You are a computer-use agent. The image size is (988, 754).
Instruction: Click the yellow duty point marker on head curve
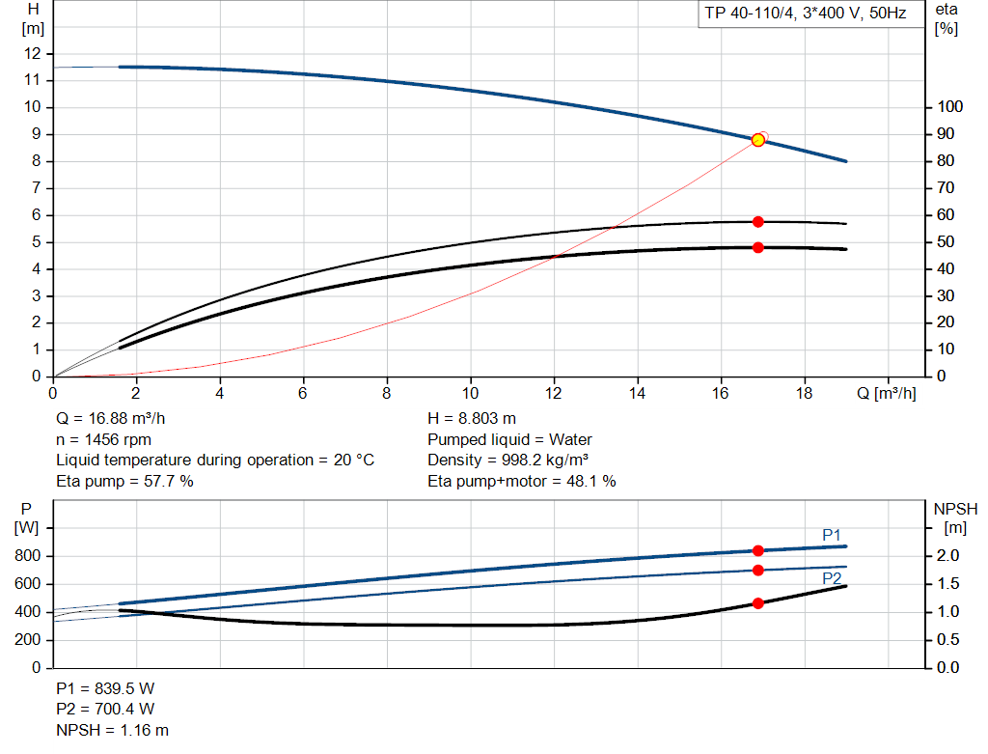tap(757, 140)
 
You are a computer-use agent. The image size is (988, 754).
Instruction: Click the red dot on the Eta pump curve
tap(757, 222)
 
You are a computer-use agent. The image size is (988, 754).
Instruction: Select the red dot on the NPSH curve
tap(757, 603)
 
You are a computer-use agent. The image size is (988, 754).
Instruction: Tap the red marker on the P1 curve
tap(757, 551)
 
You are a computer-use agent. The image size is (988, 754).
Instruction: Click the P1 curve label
tap(832, 535)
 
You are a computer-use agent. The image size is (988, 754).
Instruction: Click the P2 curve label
tap(832, 578)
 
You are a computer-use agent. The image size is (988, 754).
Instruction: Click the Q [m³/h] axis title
tap(885, 394)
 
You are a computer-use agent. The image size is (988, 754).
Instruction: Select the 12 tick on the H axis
tap(33, 53)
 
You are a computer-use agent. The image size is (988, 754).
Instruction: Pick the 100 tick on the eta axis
tap(948, 107)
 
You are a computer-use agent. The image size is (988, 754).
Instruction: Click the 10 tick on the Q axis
tap(470, 394)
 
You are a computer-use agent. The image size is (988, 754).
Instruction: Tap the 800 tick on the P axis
tap(28, 556)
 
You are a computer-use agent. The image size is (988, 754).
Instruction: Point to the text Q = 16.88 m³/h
tap(110, 419)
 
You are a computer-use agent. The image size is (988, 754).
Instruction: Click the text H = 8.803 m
tap(472, 419)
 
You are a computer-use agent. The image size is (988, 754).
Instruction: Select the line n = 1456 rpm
tap(104, 439)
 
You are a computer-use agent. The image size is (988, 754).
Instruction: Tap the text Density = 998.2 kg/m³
tap(509, 460)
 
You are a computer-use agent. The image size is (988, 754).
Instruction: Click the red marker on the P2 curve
tap(757, 571)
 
